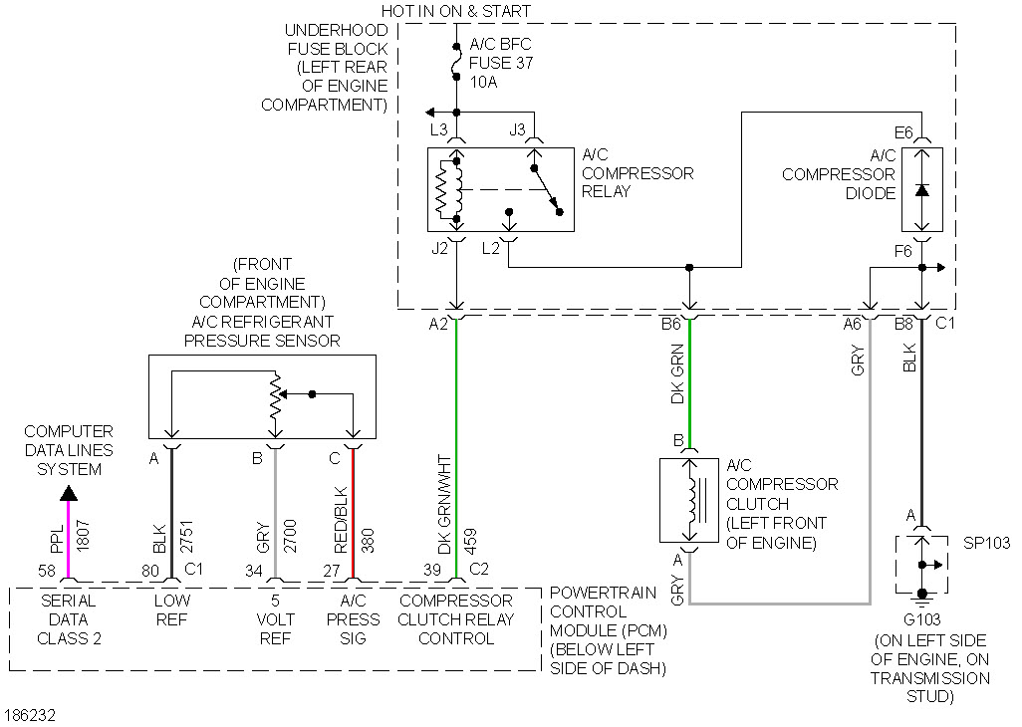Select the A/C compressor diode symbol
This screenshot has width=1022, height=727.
click(922, 190)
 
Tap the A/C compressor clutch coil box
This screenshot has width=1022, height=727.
click(689, 501)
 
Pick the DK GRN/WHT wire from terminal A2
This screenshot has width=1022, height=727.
click(456, 448)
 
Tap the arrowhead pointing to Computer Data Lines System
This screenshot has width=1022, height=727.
click(68, 492)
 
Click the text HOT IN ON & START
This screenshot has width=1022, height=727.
click(456, 11)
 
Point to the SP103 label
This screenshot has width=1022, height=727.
click(986, 543)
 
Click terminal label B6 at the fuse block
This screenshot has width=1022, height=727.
click(670, 324)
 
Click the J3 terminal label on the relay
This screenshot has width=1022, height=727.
click(517, 130)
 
